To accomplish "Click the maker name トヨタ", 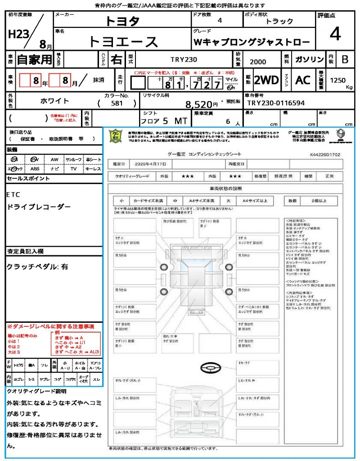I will [122, 21].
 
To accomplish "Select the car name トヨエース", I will [123, 41].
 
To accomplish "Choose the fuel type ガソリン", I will [309, 59].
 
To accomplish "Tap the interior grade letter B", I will [345, 59].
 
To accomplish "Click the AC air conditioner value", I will [303, 80].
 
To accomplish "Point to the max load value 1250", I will [337, 80].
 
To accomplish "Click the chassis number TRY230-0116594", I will [276, 103].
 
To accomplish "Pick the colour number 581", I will [117, 103].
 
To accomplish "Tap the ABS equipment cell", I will [35, 169].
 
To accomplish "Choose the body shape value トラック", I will [279, 21].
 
